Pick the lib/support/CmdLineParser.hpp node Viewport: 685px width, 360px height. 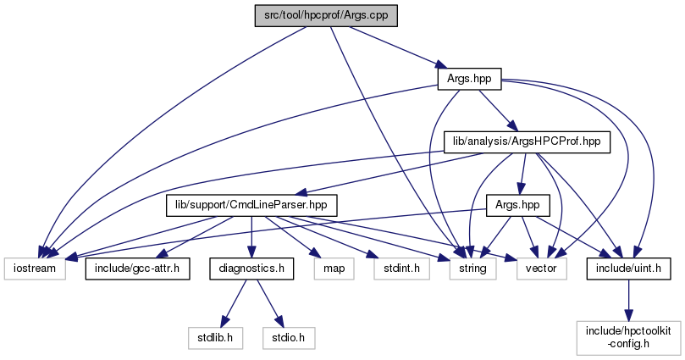[x=251, y=205]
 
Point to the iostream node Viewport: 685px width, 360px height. [x=34, y=269]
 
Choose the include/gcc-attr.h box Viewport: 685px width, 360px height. [x=136, y=269]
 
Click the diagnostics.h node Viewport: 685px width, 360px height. [x=251, y=269]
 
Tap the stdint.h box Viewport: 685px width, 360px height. [x=391, y=269]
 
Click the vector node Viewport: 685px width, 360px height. [x=535, y=269]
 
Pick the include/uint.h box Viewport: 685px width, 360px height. [x=627, y=269]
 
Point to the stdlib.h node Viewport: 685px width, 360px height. [x=221, y=337]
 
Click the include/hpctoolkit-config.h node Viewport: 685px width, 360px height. [x=627, y=337]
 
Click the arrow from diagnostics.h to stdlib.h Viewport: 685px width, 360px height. [x=236, y=302]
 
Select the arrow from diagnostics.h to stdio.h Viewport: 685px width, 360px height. [x=268, y=302]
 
